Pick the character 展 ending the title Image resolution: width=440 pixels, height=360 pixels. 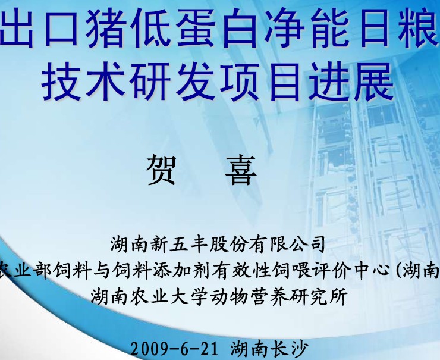374,82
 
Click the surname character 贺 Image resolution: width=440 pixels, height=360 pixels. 161,170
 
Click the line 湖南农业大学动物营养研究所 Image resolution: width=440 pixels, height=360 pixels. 219,296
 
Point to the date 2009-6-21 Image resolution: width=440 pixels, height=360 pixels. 174,349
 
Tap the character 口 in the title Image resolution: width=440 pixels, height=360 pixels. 61,28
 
